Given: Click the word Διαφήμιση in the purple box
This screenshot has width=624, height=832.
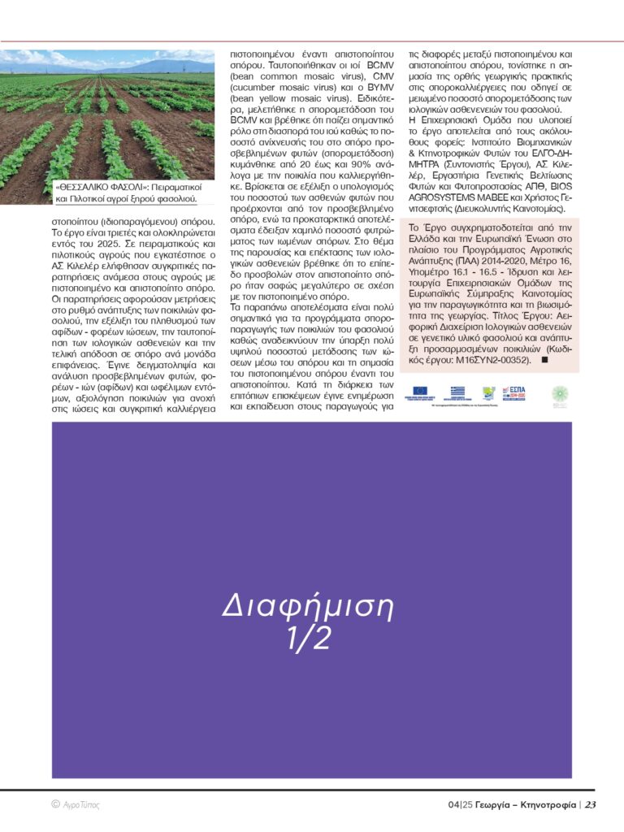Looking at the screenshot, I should (308, 607).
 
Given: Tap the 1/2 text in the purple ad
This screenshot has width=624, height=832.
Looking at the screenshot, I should (308, 639).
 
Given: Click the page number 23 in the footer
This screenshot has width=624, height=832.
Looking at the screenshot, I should (591, 805).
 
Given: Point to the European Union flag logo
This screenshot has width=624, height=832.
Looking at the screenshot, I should (422, 392).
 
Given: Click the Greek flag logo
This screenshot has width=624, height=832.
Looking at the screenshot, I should (457, 392).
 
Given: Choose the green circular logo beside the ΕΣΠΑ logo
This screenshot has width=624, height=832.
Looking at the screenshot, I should (560, 393).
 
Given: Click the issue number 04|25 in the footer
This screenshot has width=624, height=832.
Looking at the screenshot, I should (460, 805).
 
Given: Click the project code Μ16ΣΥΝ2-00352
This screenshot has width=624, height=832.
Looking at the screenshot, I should (483, 359).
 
